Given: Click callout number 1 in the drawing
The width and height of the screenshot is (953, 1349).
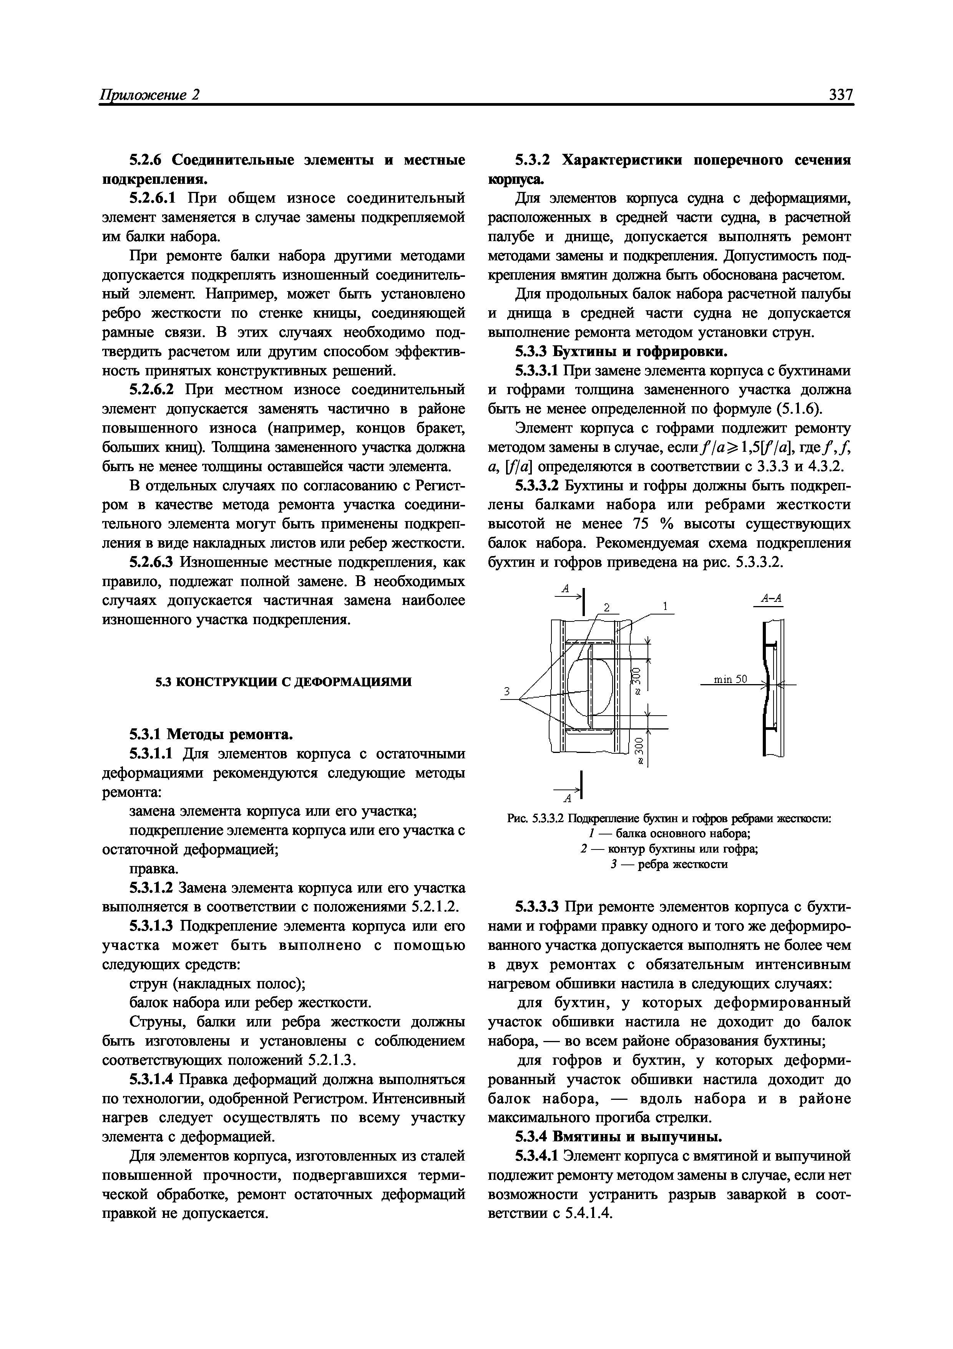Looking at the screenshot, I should (665, 606).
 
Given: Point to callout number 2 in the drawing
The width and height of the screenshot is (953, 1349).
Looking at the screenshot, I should (608, 607).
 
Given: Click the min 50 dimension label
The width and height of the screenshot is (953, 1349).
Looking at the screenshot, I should (730, 679).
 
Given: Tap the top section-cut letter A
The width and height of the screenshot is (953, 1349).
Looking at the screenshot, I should (565, 588).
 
